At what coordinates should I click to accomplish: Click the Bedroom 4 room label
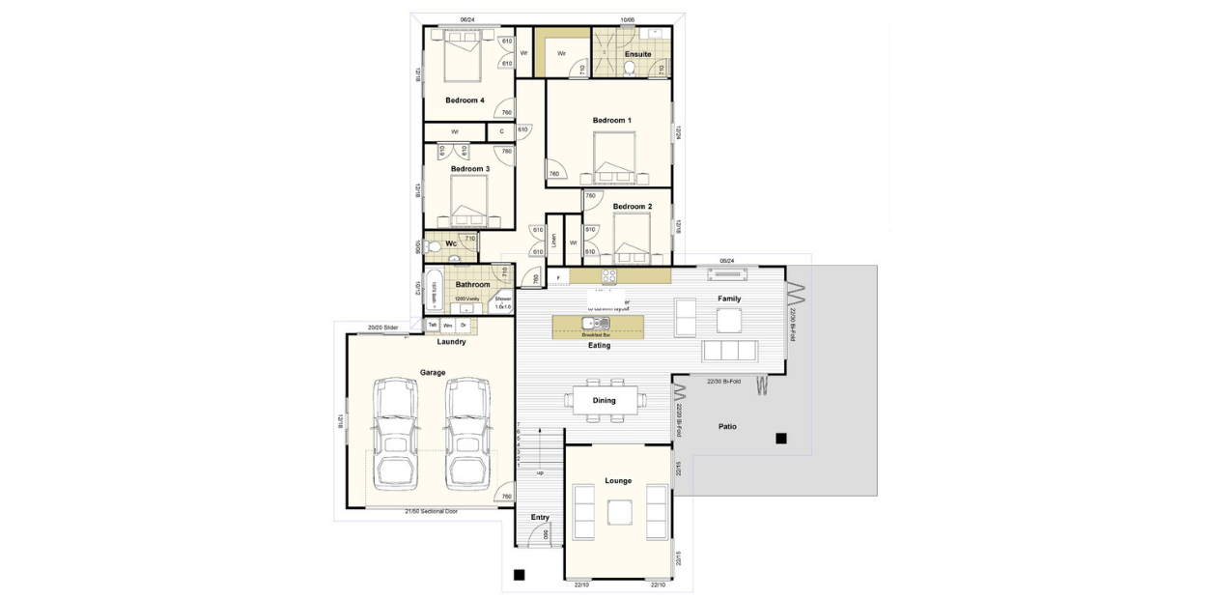(465, 100)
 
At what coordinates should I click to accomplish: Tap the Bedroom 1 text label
(611, 120)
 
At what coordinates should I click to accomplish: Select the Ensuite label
(637, 54)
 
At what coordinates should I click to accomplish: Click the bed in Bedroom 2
(634, 238)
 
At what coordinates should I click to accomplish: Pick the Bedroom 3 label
(470, 168)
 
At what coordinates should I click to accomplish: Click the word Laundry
(451, 341)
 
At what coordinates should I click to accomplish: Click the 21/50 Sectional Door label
(431, 511)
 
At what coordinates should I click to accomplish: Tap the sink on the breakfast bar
(589, 323)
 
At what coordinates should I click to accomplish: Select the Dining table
(606, 400)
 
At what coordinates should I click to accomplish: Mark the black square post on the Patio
(780, 439)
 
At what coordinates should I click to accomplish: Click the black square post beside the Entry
(519, 575)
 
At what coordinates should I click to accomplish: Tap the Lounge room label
(618, 480)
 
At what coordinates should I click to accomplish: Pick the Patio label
(727, 426)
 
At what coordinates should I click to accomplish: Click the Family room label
(728, 299)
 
